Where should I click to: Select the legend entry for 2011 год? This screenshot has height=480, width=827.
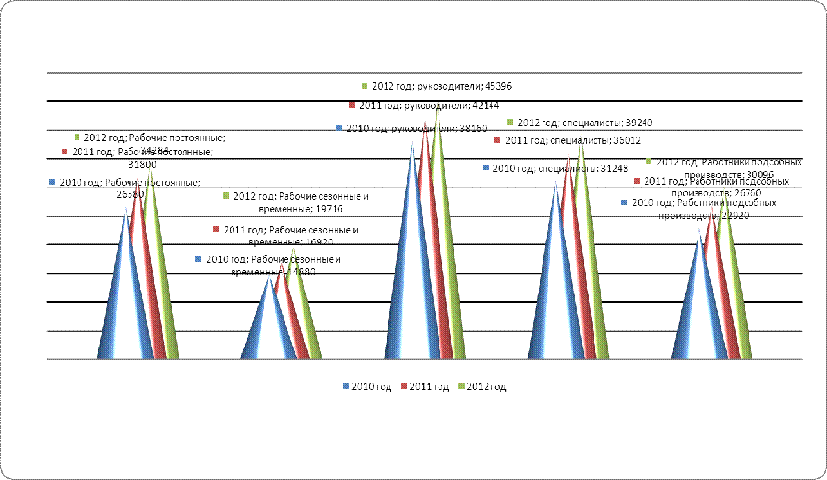click(x=429, y=387)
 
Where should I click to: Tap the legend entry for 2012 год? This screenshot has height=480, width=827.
click(x=485, y=387)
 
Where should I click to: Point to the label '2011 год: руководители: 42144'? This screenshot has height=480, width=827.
click(x=424, y=105)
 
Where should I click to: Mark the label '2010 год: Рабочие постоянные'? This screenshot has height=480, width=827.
click(x=125, y=183)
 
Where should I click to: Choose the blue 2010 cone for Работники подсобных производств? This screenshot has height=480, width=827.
click(x=695, y=304)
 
